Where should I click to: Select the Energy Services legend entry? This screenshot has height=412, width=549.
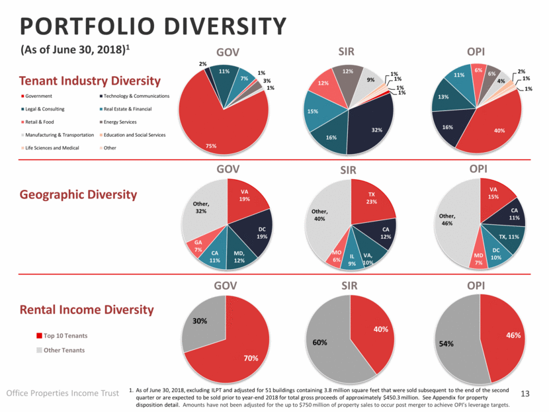[119, 122]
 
